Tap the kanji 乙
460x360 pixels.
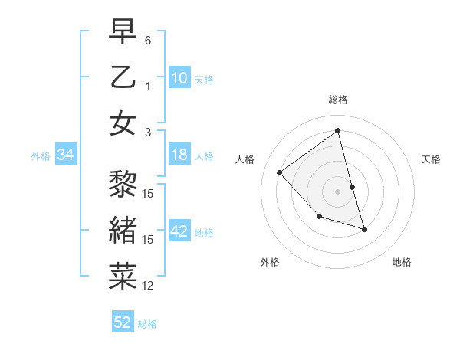pyautogui.click(x=123, y=78)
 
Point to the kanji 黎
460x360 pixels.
pyautogui.click(x=123, y=186)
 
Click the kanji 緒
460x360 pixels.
pyautogui.click(x=123, y=231)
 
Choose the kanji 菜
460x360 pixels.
pyautogui.click(x=123, y=275)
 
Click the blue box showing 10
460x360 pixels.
pyautogui.click(x=179, y=78)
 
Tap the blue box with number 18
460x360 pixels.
pyautogui.click(x=179, y=155)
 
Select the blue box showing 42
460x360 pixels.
pyautogui.click(x=179, y=232)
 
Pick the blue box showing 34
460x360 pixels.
pyautogui.click(x=66, y=155)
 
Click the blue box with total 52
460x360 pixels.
pyautogui.click(x=123, y=322)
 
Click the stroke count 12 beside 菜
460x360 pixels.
pyautogui.click(x=149, y=286)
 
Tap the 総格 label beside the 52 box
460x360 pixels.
pyautogui.click(x=147, y=323)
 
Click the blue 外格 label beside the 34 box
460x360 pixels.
pyautogui.click(x=41, y=156)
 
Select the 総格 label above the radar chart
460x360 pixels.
pyautogui.click(x=338, y=100)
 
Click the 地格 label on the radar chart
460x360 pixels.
pyautogui.click(x=402, y=263)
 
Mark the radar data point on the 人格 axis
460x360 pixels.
pyautogui.click(x=280, y=172)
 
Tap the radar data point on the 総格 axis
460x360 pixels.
pyautogui.click(x=338, y=131)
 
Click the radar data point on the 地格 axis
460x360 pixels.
pyautogui.click(x=365, y=229)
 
